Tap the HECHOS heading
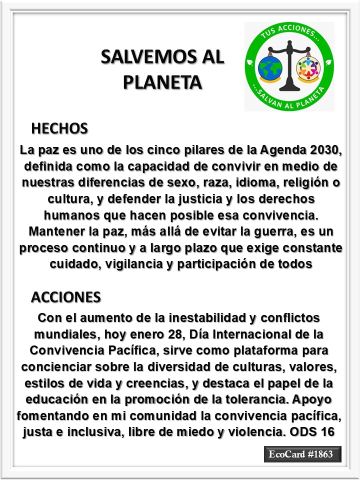[x=59, y=128]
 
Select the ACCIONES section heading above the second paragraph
[x=66, y=297]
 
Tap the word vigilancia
[x=142, y=264]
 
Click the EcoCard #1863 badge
[x=302, y=454]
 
